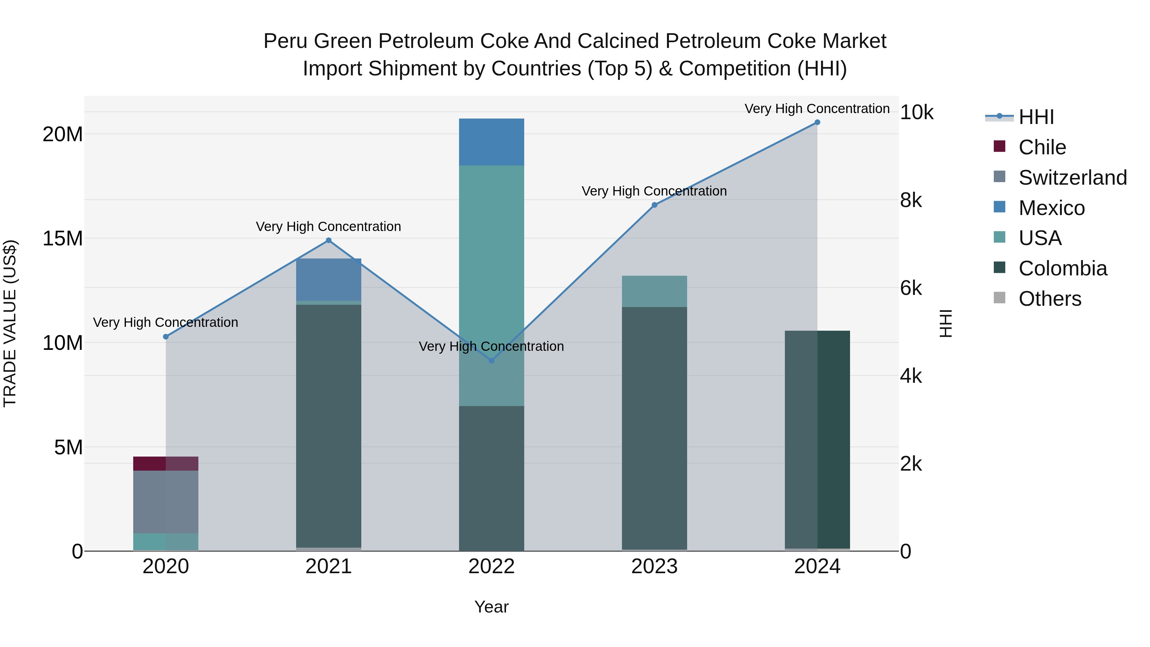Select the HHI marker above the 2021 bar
329,240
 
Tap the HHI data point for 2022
492,360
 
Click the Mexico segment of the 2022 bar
492,142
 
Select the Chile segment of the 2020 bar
165,464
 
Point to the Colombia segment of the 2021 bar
329,424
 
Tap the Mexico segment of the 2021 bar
329,280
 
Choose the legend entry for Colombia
1062,268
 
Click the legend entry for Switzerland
1072,178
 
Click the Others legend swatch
1000,298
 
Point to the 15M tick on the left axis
63,238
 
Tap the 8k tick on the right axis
911,200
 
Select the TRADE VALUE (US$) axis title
10,323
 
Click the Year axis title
492,607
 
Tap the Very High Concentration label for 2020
165,322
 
